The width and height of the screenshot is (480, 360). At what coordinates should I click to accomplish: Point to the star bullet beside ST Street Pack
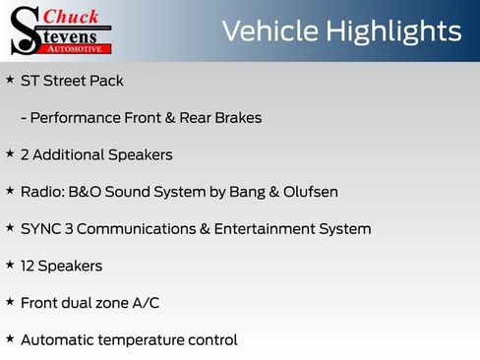tap(10, 80)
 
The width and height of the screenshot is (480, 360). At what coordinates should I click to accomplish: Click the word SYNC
tap(40, 229)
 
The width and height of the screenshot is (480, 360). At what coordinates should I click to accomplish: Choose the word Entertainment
tap(272, 229)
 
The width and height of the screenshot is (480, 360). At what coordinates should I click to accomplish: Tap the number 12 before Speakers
tap(29, 266)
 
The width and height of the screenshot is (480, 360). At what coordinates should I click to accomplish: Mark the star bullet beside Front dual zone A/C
tap(10, 302)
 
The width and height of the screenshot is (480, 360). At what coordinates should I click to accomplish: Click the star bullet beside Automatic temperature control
tap(10, 339)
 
